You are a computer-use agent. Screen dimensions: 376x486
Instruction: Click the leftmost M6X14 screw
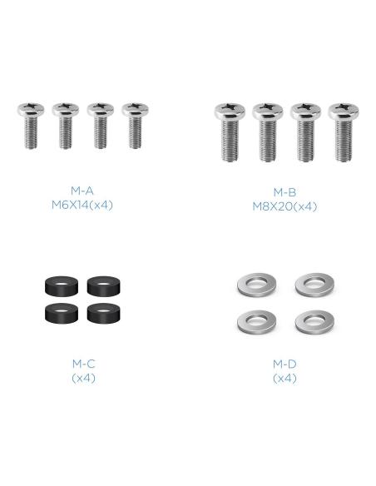(x=31, y=126)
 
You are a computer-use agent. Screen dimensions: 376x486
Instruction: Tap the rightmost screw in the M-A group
(x=135, y=126)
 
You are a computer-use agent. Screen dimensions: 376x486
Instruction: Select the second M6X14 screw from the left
(x=66, y=126)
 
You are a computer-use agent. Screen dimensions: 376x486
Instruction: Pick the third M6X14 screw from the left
(x=100, y=126)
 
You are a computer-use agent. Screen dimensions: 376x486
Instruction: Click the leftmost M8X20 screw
(x=230, y=132)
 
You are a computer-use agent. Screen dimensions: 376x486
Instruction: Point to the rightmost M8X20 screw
(x=344, y=132)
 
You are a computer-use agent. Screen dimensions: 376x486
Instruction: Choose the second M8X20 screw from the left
(x=268, y=132)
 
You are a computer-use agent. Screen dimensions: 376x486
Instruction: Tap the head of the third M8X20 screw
(x=305, y=112)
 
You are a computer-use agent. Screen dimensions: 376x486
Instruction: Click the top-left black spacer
(x=62, y=285)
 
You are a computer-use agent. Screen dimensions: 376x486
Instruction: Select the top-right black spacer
(x=104, y=285)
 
